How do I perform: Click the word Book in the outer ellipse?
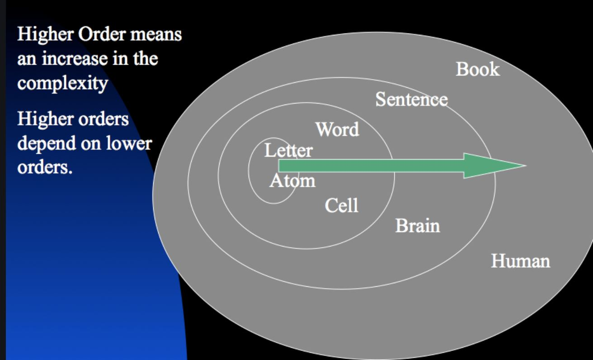click(x=478, y=70)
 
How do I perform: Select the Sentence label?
click(x=411, y=99)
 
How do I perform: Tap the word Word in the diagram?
click(x=338, y=130)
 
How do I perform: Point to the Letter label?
click(x=288, y=151)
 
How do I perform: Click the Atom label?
click(x=292, y=181)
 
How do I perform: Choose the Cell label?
click(x=341, y=206)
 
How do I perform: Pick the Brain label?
click(x=417, y=225)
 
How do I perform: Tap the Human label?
click(x=521, y=261)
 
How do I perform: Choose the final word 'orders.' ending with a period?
click(x=45, y=169)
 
